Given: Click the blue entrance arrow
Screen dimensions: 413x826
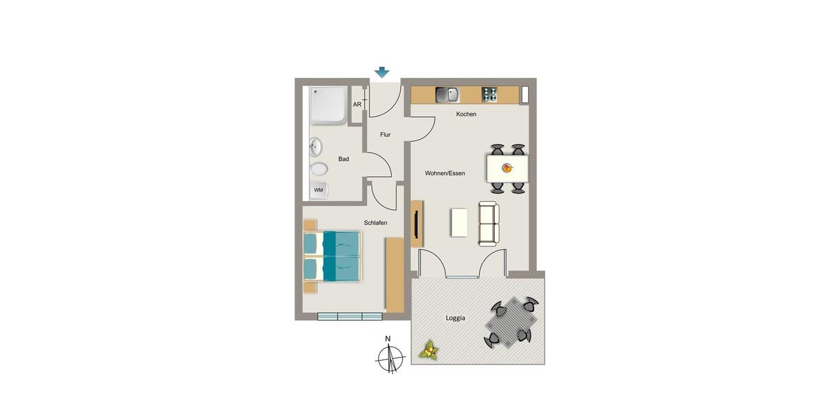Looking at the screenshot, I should [382, 72].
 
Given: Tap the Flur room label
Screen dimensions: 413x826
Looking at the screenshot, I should [385, 135].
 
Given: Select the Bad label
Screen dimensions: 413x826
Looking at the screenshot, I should [343, 159].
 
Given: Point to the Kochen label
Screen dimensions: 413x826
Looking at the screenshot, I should [466, 114].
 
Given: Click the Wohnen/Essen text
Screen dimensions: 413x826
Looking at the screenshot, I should [445, 173].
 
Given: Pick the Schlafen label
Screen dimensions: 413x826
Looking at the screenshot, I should [375, 223].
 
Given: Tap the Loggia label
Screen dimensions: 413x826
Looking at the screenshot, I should [455, 318].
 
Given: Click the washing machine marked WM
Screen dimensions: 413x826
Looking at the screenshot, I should [319, 190].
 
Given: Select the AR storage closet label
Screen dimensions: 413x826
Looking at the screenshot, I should [357, 105].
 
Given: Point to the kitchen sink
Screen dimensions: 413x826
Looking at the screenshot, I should [447, 94].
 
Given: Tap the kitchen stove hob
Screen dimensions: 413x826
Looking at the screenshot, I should [489, 94].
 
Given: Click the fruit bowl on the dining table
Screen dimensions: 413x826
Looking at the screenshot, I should [507, 168].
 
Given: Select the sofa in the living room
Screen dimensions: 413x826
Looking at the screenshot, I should [489, 224].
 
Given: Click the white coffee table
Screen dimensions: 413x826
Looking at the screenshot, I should [459, 222].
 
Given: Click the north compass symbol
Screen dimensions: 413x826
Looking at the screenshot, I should [390, 357].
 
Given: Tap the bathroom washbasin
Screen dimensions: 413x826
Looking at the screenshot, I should [316, 146].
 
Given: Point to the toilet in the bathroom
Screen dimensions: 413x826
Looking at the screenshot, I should [319, 169].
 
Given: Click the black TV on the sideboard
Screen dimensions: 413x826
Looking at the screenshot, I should [416, 224].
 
